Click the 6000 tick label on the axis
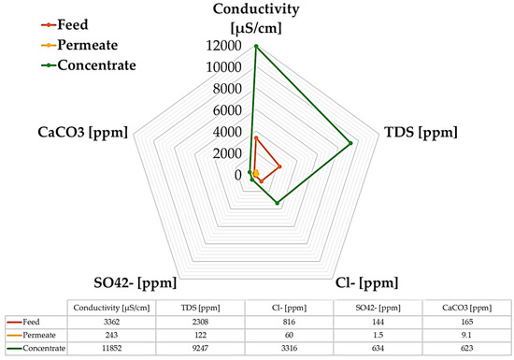[232, 110]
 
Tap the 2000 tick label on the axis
[232, 153]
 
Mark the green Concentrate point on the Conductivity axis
[256, 47]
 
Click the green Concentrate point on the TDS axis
[350, 143]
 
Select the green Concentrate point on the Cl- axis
[277, 202]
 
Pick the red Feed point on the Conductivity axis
[256, 138]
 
